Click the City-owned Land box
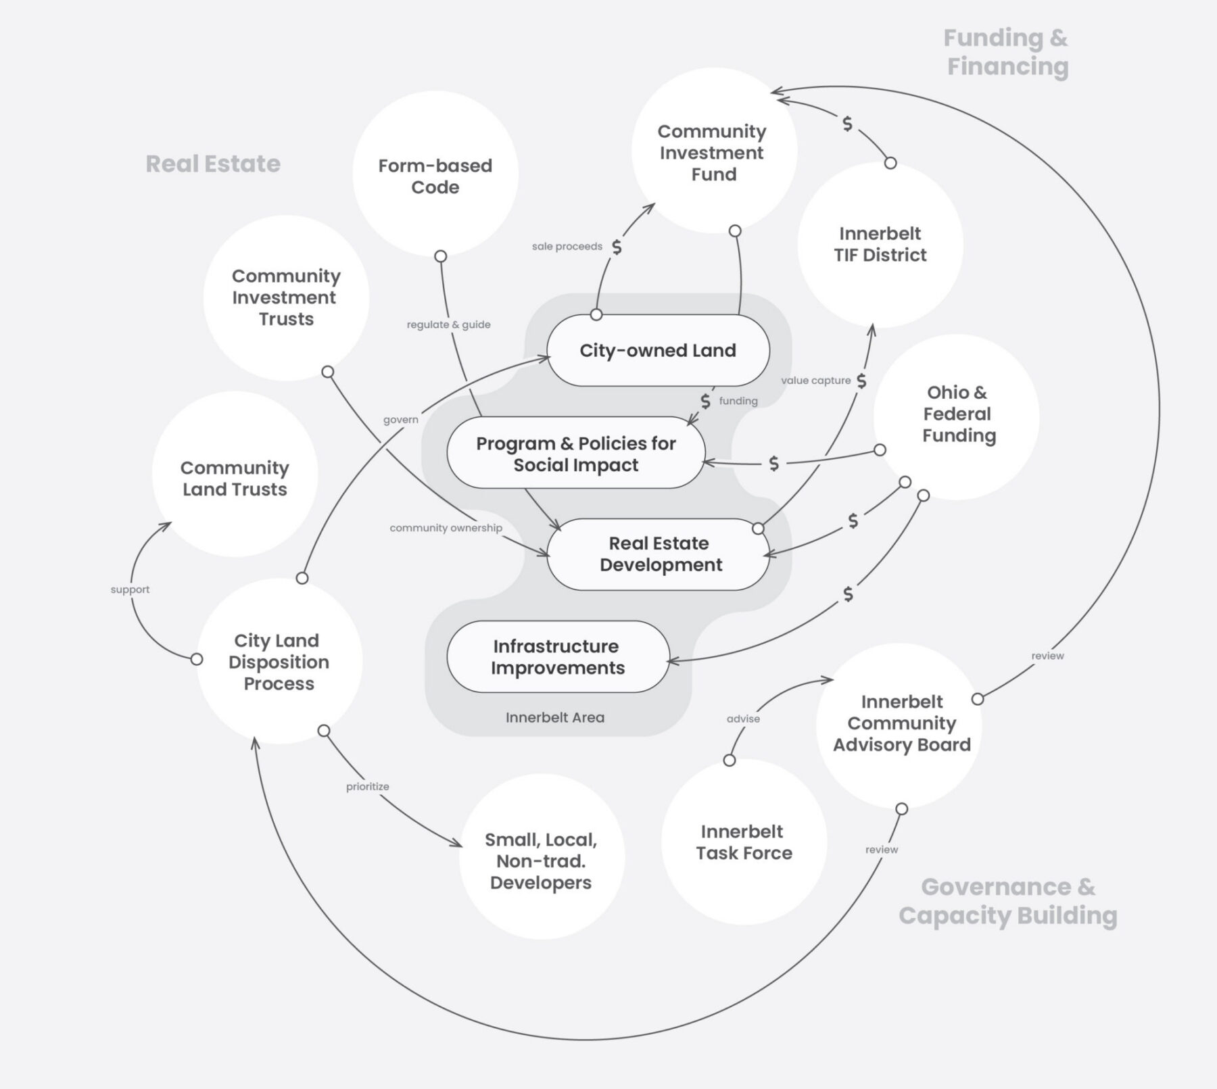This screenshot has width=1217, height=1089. click(x=657, y=350)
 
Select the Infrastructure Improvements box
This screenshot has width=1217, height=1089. click(x=557, y=656)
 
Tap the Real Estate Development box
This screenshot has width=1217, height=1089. click(x=659, y=554)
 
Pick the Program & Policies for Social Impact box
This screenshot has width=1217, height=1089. click(x=575, y=454)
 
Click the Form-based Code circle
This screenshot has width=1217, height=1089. click(x=435, y=175)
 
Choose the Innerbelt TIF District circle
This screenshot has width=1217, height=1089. click(x=880, y=244)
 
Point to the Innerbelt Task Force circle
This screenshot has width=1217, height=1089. click(x=744, y=842)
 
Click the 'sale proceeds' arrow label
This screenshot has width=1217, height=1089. click(x=567, y=247)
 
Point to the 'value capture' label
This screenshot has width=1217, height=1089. click(x=815, y=381)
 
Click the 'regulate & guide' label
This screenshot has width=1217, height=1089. click(x=448, y=324)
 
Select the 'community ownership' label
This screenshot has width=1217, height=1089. click(x=446, y=528)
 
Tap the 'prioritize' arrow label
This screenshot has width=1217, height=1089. click(x=367, y=786)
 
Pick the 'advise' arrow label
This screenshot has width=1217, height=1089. click(x=743, y=719)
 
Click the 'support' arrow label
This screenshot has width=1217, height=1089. click(x=130, y=589)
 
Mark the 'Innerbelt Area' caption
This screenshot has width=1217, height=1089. click(x=554, y=717)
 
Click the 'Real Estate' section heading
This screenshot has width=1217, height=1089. click(x=213, y=164)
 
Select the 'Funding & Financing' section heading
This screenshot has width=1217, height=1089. click(x=1007, y=52)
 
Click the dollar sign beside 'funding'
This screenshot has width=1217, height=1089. click(x=705, y=402)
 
